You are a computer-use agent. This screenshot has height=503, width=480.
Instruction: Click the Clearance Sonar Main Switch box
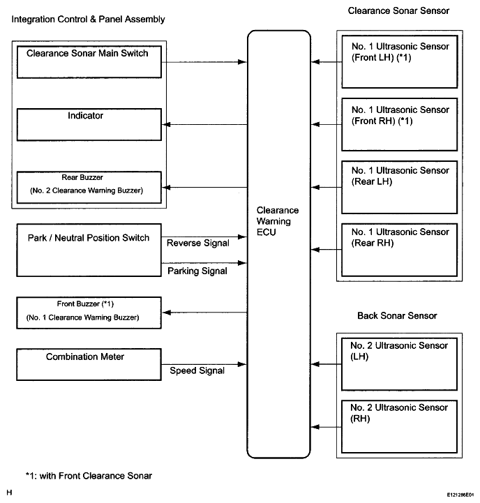click(x=89, y=62)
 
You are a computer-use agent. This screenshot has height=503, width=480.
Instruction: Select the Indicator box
click(x=89, y=124)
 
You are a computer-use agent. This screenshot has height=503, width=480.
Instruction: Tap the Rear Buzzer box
click(x=89, y=188)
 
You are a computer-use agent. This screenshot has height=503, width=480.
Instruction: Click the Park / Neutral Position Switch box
click(x=89, y=250)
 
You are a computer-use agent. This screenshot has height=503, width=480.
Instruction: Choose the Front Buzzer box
click(x=89, y=313)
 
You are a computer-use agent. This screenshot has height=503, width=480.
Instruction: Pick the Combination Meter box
click(x=89, y=364)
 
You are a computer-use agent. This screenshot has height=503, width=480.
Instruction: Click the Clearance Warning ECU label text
click(x=278, y=221)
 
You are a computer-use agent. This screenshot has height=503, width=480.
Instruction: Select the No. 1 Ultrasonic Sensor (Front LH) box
click(x=400, y=61)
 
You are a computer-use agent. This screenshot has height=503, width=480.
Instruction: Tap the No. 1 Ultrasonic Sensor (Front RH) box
click(x=400, y=124)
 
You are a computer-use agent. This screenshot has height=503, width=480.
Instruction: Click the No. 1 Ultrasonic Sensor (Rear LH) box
click(x=400, y=188)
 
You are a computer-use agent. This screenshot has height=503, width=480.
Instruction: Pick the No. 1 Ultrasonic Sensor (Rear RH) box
click(x=400, y=250)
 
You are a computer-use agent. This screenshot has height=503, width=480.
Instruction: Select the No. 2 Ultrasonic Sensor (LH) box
click(x=400, y=364)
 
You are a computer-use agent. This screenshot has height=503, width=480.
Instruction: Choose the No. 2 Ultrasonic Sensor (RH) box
click(x=400, y=427)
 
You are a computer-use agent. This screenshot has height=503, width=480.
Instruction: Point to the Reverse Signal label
click(x=198, y=243)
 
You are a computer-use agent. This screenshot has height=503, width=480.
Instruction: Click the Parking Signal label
click(x=197, y=271)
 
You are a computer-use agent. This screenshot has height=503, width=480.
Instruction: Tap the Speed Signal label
click(x=197, y=370)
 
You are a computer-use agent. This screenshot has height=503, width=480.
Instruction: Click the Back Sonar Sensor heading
click(x=397, y=315)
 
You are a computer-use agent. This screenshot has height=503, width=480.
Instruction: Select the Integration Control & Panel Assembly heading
click(x=88, y=20)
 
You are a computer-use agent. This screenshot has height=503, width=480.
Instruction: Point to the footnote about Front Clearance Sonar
click(x=89, y=475)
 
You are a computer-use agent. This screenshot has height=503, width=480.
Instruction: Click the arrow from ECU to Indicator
click(x=204, y=124)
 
